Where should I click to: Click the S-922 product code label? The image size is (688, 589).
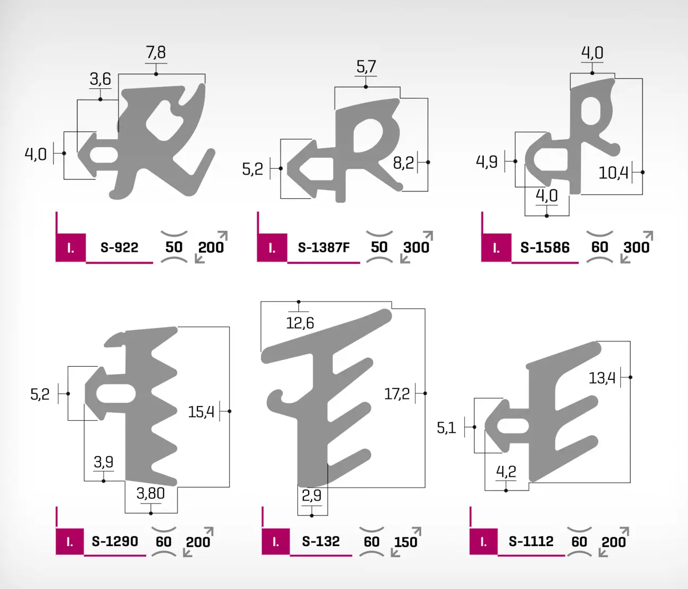(119, 247)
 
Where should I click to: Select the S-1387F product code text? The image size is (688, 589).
(323, 247)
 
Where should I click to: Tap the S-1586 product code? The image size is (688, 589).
(545, 247)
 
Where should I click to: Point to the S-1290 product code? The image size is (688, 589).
(115, 541)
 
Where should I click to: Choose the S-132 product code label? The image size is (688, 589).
(321, 541)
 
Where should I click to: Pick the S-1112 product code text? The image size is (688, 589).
(531, 541)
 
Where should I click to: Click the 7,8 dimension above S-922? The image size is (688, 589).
(156, 52)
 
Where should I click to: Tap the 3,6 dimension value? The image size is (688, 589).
(100, 79)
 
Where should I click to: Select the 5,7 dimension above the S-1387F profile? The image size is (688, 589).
(366, 67)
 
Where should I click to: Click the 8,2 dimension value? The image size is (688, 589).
(403, 163)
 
